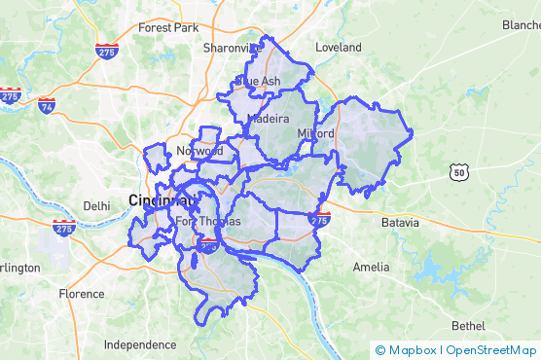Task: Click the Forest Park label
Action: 168,27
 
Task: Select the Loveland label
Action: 338,47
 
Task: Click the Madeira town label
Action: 269,118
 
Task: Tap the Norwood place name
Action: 199,151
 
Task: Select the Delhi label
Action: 97,205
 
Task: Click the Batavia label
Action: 400,222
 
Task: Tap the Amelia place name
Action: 372,267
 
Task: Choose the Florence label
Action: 82,293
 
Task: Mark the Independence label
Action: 140,344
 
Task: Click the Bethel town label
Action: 467,325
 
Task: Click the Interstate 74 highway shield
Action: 46,105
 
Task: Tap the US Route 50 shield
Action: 458,172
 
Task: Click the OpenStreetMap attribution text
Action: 491,350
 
